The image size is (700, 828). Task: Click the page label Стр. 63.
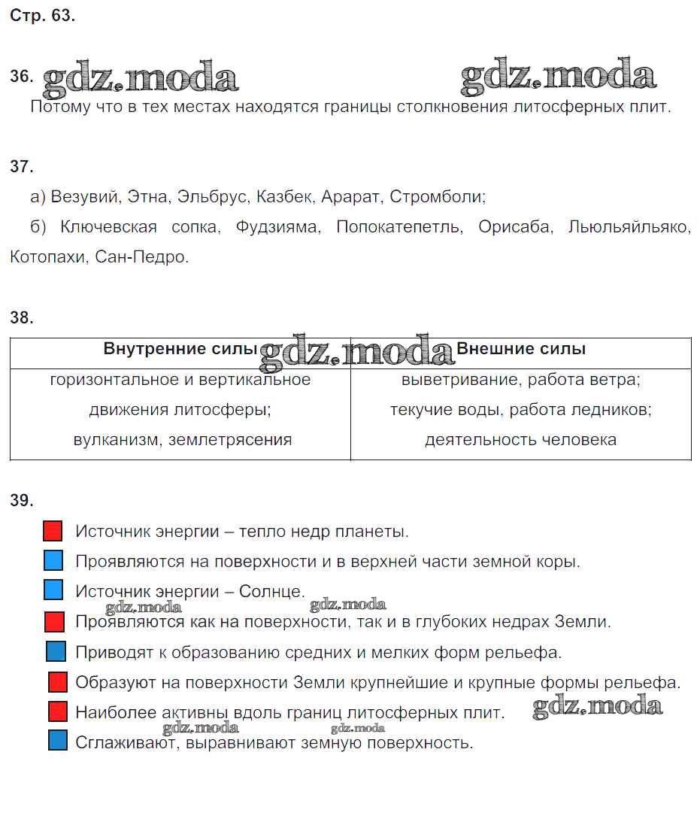[x=43, y=16]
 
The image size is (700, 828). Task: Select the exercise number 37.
[x=22, y=167]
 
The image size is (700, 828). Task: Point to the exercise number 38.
[x=22, y=317]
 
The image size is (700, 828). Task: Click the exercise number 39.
[x=22, y=501]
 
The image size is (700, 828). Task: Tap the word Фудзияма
[x=277, y=227]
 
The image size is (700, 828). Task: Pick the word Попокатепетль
[x=399, y=227]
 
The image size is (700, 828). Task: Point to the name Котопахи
[x=49, y=257]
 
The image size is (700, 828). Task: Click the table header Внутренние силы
[x=180, y=349]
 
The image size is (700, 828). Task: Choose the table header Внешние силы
[x=521, y=349]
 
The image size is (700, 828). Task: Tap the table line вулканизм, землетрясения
[x=182, y=440]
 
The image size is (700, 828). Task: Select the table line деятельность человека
[x=520, y=440]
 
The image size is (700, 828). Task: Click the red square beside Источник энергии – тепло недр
[x=53, y=531]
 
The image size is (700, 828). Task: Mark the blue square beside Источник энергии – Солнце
[x=53, y=590]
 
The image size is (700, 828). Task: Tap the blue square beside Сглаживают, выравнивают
[x=57, y=741]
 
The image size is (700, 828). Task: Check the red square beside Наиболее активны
[x=58, y=711]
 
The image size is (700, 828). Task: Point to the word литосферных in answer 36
[x=559, y=107]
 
